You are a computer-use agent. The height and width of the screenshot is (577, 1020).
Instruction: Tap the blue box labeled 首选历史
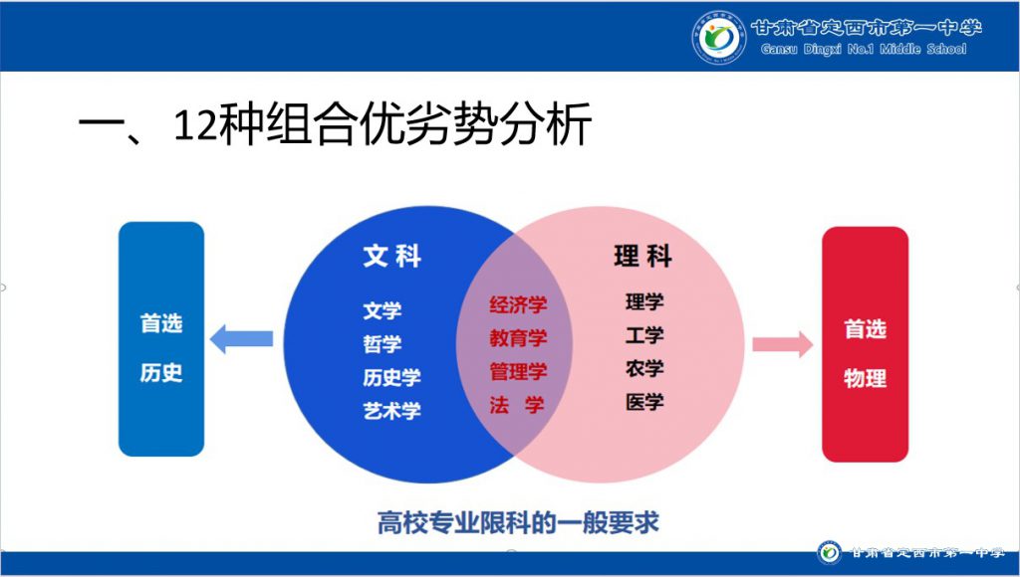tap(161, 338)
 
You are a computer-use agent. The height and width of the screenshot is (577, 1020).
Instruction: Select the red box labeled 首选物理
tap(866, 344)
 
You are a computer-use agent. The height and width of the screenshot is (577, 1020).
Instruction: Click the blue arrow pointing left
tap(241, 338)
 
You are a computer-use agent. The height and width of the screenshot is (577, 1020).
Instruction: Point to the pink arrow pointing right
tap(783, 344)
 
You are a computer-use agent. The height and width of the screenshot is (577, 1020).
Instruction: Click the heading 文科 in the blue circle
tap(392, 256)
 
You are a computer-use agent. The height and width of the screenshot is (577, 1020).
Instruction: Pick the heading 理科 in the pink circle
tap(642, 257)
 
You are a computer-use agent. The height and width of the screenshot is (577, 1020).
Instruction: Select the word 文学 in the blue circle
tap(382, 310)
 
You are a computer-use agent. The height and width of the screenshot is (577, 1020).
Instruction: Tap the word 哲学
tap(382, 344)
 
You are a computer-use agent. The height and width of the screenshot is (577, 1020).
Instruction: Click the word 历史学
tap(392, 377)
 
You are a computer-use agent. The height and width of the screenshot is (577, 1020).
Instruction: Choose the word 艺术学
tap(392, 410)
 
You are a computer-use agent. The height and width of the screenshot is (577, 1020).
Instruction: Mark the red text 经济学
tap(518, 304)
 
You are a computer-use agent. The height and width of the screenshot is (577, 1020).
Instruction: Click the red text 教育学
tap(518, 338)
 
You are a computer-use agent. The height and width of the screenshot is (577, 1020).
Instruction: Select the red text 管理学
tap(518, 372)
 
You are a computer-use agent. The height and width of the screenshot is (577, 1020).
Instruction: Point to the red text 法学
tap(517, 406)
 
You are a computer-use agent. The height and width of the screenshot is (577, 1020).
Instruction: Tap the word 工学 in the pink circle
tap(644, 335)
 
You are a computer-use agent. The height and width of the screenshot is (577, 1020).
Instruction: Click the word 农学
tap(644, 368)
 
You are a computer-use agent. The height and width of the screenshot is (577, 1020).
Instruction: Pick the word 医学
tap(644, 402)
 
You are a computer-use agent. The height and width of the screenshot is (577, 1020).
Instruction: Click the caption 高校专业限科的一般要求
tap(518, 522)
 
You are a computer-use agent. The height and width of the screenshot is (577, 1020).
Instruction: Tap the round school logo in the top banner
tap(719, 38)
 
